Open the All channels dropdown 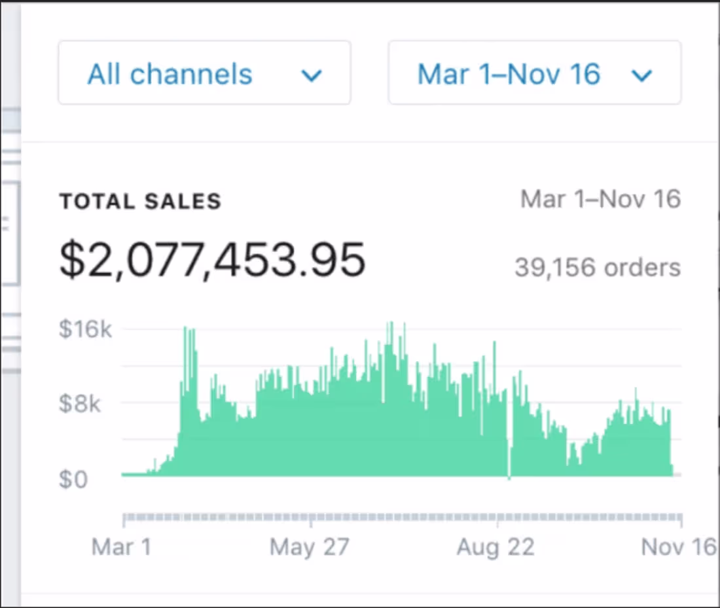click(204, 73)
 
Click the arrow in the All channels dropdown click(311, 76)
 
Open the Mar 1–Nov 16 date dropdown click(534, 73)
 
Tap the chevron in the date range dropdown click(641, 76)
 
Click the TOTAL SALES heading click(140, 202)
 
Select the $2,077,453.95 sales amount click(212, 260)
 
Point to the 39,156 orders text click(597, 267)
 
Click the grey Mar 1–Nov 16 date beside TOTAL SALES click(600, 199)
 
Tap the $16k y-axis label click(85, 329)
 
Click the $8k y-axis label click(80, 404)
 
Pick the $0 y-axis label click(73, 480)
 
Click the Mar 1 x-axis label click(122, 546)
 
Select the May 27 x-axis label click(309, 546)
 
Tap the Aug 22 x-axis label click(495, 546)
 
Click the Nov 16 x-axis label click(679, 546)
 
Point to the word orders click(642, 267)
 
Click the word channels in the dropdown click(191, 74)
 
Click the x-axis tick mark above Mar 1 click(124, 520)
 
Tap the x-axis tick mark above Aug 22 click(498, 520)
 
